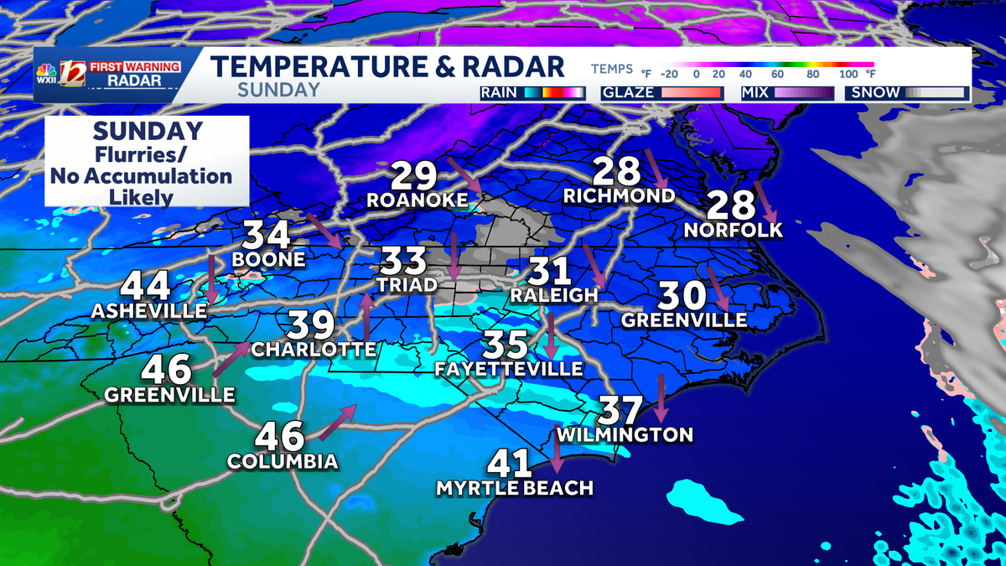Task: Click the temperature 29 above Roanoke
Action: pos(414,176)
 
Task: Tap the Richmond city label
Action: pos(619,196)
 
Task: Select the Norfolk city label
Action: pos(733,229)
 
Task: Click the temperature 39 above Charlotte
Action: pos(313,325)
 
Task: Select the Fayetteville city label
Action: pos(508,369)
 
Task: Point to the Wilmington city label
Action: pos(625,434)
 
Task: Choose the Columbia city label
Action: pos(283,461)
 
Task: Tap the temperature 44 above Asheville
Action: pos(146,286)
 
